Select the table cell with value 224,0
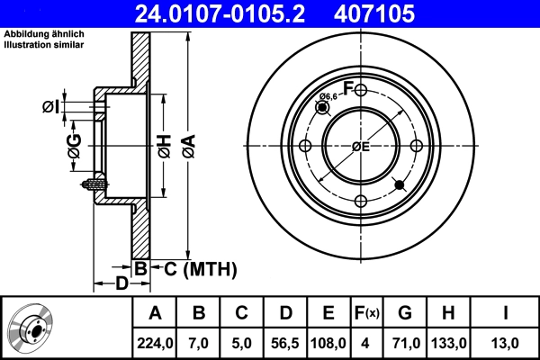pos(155,342)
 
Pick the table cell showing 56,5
pos(285,342)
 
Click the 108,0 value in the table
pos(328,342)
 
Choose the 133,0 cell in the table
pos(447,342)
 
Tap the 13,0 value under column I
pos(505,342)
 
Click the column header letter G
pos(405,313)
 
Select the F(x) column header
pos(366,313)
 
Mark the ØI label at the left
pos(51,108)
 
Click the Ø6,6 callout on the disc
pos(329,96)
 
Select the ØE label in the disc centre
pos(361,147)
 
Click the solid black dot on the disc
pos(400,185)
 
